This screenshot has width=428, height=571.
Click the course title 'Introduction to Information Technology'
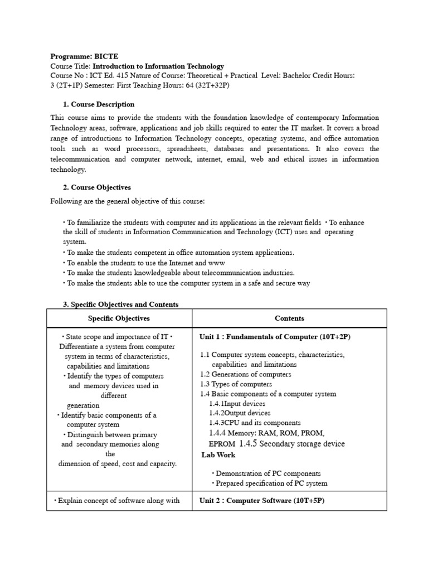click(x=158, y=66)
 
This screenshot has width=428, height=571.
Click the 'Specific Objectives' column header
click(x=119, y=318)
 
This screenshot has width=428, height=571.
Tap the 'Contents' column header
click(x=289, y=318)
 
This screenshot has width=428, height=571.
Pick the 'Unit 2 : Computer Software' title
click(x=262, y=500)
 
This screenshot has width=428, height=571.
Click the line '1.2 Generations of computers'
click(x=245, y=374)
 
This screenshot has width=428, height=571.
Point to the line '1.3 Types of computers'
click(x=236, y=384)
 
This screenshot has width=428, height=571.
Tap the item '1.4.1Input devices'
click(x=237, y=403)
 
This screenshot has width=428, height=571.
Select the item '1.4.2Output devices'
click(x=240, y=413)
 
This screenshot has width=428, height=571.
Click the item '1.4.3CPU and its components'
click(x=255, y=423)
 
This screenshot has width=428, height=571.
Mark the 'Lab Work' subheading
click(x=218, y=454)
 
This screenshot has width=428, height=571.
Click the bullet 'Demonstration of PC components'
click(x=268, y=473)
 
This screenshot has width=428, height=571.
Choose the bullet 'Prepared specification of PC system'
click(x=271, y=483)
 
